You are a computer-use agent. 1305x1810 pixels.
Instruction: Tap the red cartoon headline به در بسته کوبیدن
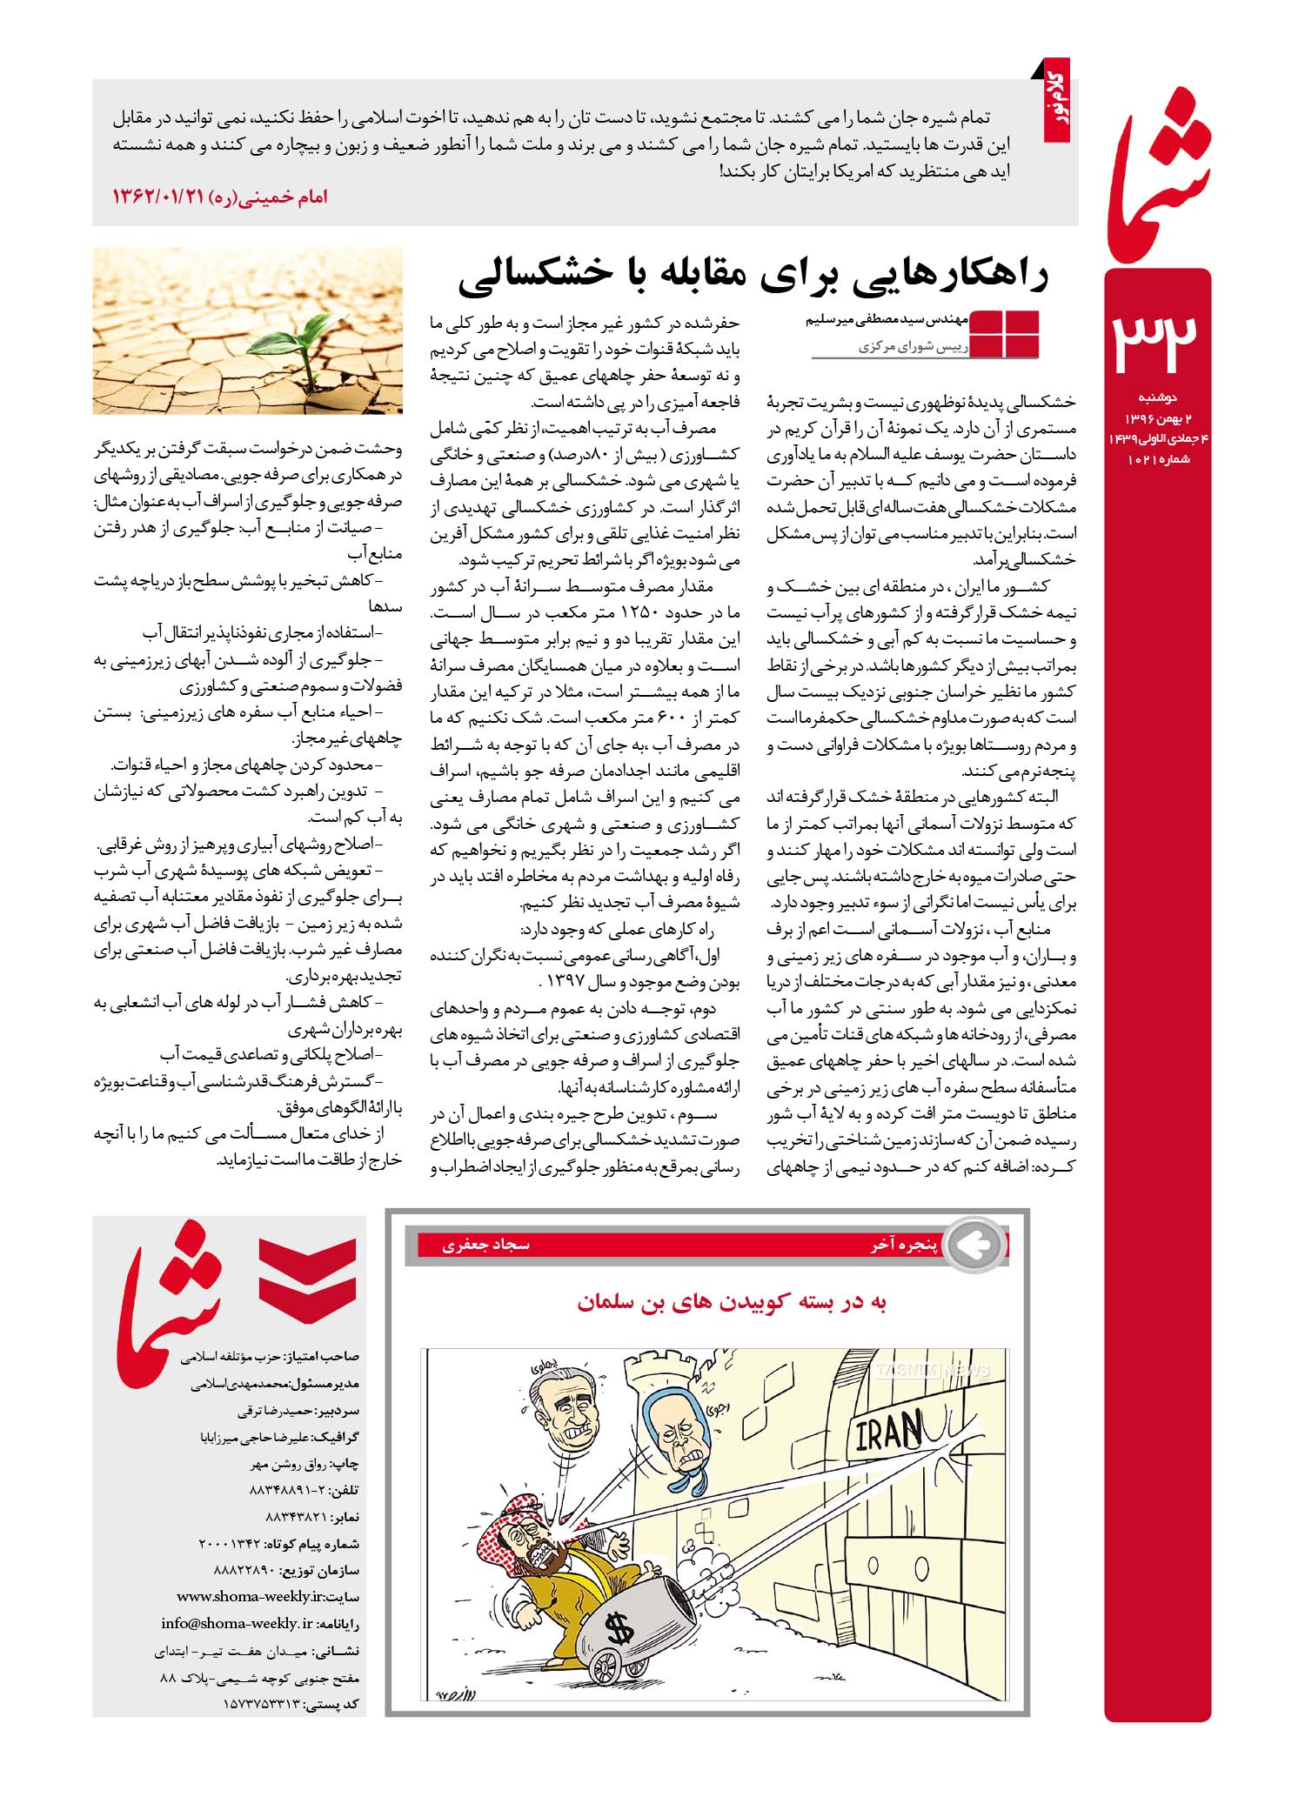(x=731, y=1302)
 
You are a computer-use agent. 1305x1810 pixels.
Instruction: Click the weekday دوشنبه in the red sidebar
(x=1157, y=398)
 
